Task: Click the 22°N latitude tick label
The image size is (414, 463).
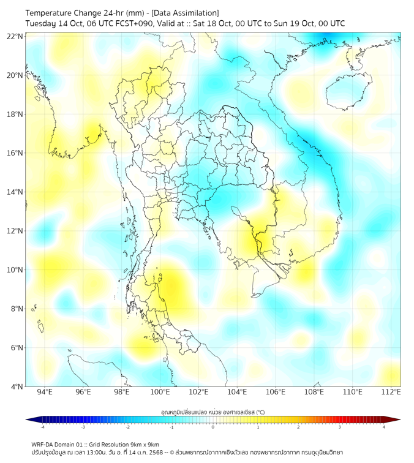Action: click(x=15, y=36)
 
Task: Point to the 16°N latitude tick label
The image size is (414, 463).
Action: click(x=15, y=153)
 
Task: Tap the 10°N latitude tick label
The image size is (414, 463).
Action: click(x=15, y=270)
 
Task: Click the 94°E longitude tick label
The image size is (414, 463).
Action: click(x=45, y=392)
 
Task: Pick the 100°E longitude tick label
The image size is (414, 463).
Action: click(x=160, y=392)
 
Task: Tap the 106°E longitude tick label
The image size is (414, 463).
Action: click(x=276, y=392)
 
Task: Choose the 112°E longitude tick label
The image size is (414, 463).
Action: click(x=391, y=392)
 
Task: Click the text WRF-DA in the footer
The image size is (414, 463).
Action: click(x=43, y=444)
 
